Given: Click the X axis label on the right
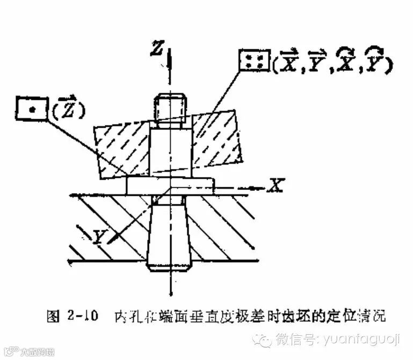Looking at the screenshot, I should [x=276, y=186].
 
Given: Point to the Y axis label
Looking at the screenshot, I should [x=98, y=237].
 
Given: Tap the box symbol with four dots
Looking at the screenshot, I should [x=255, y=61].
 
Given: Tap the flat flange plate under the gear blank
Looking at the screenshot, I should [x=169, y=185].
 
